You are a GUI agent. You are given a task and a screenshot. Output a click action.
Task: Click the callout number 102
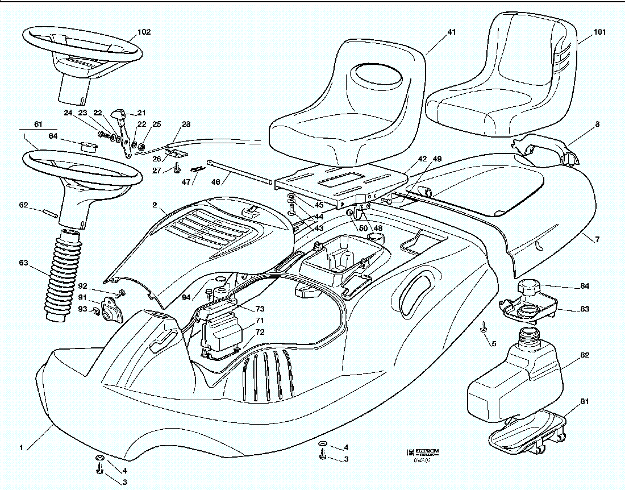[144, 32]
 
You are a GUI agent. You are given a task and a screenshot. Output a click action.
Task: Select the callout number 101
[599, 32]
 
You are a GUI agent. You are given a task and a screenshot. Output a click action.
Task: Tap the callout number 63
[23, 263]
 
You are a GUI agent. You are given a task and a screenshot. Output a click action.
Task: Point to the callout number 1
[21, 448]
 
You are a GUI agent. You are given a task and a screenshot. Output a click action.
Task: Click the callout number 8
[597, 124]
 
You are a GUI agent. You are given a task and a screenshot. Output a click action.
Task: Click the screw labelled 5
[484, 327]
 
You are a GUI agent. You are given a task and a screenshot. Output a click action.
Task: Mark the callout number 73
[260, 309]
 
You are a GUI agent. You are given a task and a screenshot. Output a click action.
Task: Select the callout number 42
[422, 159]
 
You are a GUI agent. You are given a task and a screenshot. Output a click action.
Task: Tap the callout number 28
[186, 124]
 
